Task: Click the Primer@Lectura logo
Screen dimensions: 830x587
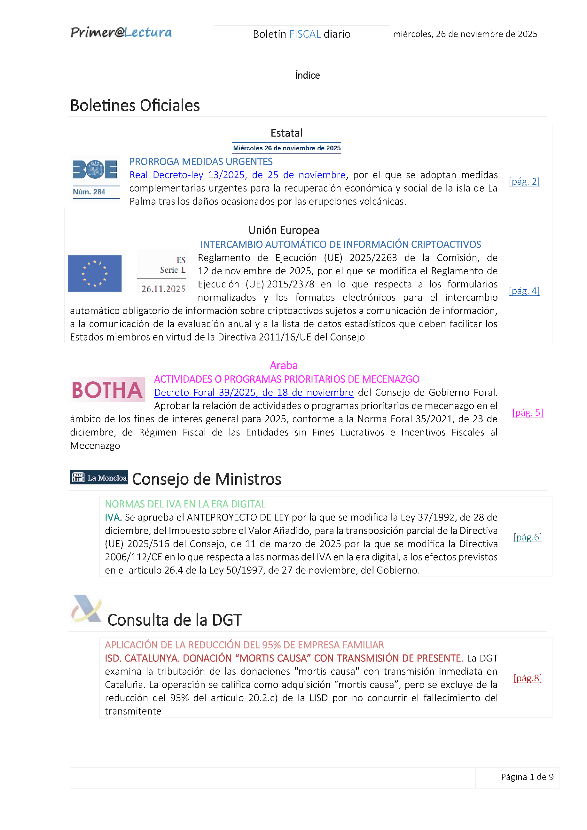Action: [x=121, y=33]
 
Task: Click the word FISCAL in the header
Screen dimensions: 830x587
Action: [x=305, y=34]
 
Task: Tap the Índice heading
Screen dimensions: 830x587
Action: [x=307, y=75]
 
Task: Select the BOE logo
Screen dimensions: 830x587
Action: [x=95, y=169]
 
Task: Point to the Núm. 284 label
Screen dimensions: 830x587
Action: [x=89, y=192]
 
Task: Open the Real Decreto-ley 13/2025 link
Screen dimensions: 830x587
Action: [x=238, y=175]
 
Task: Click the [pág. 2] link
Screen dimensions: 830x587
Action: [x=524, y=182]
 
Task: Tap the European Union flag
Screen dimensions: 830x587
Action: [x=95, y=273]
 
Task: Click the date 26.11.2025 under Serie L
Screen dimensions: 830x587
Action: [x=163, y=289]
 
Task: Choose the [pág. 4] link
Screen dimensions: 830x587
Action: [x=524, y=291]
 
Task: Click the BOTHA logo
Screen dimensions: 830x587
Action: [x=107, y=390]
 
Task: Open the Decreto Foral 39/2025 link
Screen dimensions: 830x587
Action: [x=254, y=393]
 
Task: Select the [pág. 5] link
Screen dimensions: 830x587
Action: [x=528, y=412]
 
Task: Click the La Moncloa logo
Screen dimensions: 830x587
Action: [x=99, y=478]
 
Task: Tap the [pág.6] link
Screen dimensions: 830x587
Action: [x=528, y=537]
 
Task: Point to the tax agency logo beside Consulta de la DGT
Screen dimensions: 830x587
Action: [x=86, y=609]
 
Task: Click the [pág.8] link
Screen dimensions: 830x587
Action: [x=528, y=678]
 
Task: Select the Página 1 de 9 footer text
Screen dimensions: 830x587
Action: [x=527, y=777]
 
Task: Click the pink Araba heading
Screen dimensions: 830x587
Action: [x=284, y=365]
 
